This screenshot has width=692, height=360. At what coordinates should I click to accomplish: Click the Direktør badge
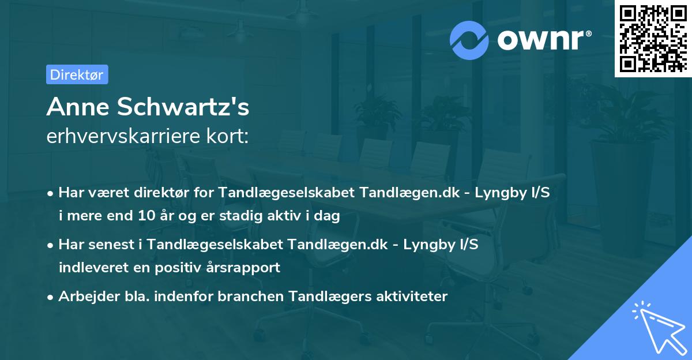tap(77, 74)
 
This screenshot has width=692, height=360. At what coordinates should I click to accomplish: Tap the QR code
tap(652, 39)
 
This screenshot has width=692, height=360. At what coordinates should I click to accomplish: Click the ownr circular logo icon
tap(469, 39)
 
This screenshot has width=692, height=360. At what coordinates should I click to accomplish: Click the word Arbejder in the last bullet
tap(83, 297)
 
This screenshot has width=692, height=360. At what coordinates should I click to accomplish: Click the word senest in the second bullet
tap(114, 244)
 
